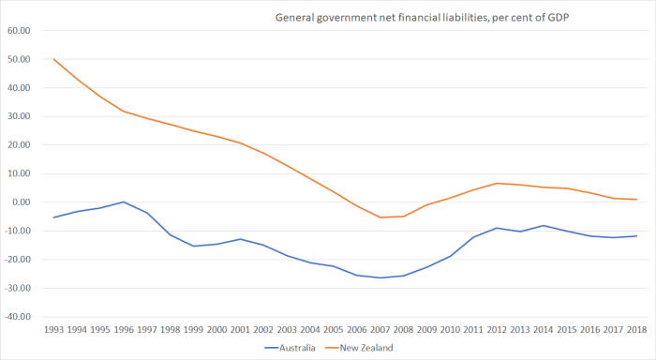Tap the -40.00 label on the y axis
(18, 317)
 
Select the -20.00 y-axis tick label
(18, 260)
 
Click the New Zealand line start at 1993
(54, 59)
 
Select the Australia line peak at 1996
(124, 202)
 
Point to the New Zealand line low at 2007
(380, 217)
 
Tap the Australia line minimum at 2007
(380, 277)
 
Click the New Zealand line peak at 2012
(498, 183)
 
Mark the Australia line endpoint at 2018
(637, 235)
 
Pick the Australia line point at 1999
(194, 246)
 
